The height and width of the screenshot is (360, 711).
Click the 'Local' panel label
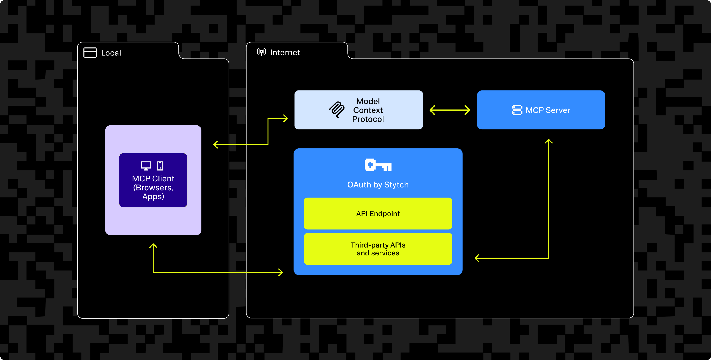[x=111, y=53]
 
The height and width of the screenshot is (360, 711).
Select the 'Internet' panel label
[x=285, y=52]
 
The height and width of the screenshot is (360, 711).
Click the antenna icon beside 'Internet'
[x=261, y=52]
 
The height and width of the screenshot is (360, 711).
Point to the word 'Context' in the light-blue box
[x=368, y=110]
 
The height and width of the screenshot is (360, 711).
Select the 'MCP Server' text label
[x=548, y=110]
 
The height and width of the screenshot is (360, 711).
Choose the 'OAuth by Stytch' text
[x=378, y=185]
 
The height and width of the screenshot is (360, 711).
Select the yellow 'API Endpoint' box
[x=378, y=213]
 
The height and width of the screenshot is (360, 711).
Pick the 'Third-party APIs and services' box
[x=378, y=249]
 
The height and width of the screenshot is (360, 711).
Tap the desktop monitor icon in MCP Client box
[x=146, y=166]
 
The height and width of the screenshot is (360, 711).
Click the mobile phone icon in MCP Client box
[x=160, y=166]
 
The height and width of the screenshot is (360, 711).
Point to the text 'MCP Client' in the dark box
[x=153, y=179]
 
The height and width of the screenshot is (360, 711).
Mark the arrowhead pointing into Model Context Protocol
[x=285, y=118]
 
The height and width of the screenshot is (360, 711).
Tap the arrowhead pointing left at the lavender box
[x=216, y=144]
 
